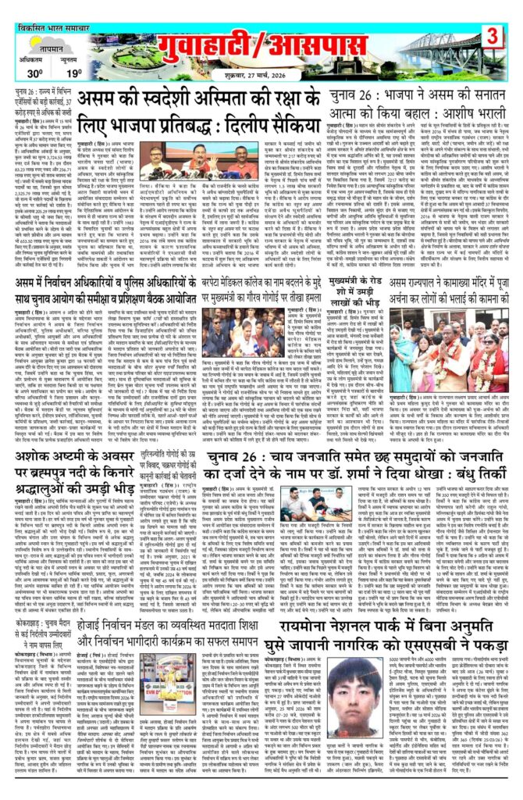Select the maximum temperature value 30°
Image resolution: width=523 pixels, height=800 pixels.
click(x=35, y=74)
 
